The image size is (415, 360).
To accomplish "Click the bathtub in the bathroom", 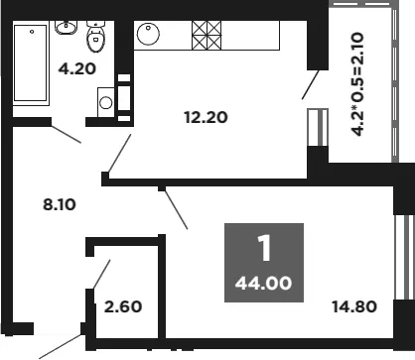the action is pos(31,62).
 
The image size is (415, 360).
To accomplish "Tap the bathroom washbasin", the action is pos(66,28).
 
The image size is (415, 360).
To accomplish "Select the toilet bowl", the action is pos(95,37).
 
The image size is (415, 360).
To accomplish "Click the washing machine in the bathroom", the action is pos(106,102).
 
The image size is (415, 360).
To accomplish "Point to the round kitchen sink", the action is pos(148,34).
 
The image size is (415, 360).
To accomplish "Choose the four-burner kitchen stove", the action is pos(207,36).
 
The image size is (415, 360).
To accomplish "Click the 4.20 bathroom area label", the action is pos(77,68).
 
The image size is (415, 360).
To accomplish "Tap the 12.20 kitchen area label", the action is pos(206,117).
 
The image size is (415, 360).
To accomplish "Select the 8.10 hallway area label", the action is pos(60,204).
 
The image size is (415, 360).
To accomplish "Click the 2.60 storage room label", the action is pos(123,306).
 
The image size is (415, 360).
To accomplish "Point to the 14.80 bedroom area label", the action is pos(354,306).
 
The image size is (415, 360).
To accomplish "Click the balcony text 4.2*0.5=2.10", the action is pos(357,84).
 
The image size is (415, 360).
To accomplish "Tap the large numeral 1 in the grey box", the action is pos(264,248).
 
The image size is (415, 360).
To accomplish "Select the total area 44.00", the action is pos(263,284).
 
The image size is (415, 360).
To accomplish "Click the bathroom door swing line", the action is pos(66,134).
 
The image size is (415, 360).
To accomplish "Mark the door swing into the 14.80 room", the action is pos(176,208).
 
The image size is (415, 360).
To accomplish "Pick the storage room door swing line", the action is pos(101,274).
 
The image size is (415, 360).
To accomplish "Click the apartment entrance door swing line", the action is pos(60,347).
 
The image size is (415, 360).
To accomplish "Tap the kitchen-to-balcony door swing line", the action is pos(311,84).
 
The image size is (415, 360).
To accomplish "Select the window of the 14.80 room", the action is pos(404,258).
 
